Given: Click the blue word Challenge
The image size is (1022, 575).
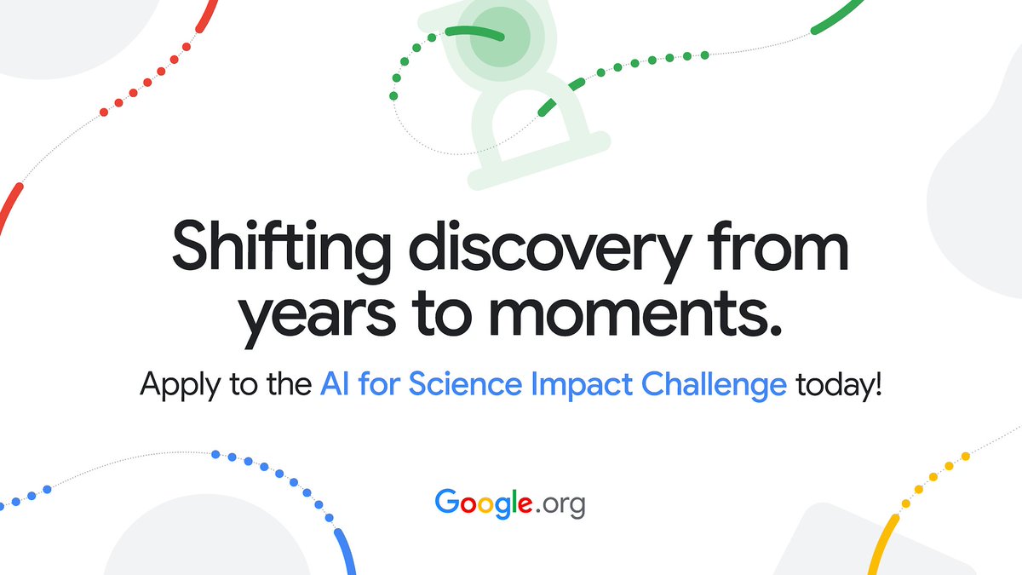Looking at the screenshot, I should (x=714, y=385).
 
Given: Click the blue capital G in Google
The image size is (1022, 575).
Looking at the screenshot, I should (x=448, y=502).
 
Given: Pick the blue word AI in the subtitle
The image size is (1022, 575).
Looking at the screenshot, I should (x=335, y=385).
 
